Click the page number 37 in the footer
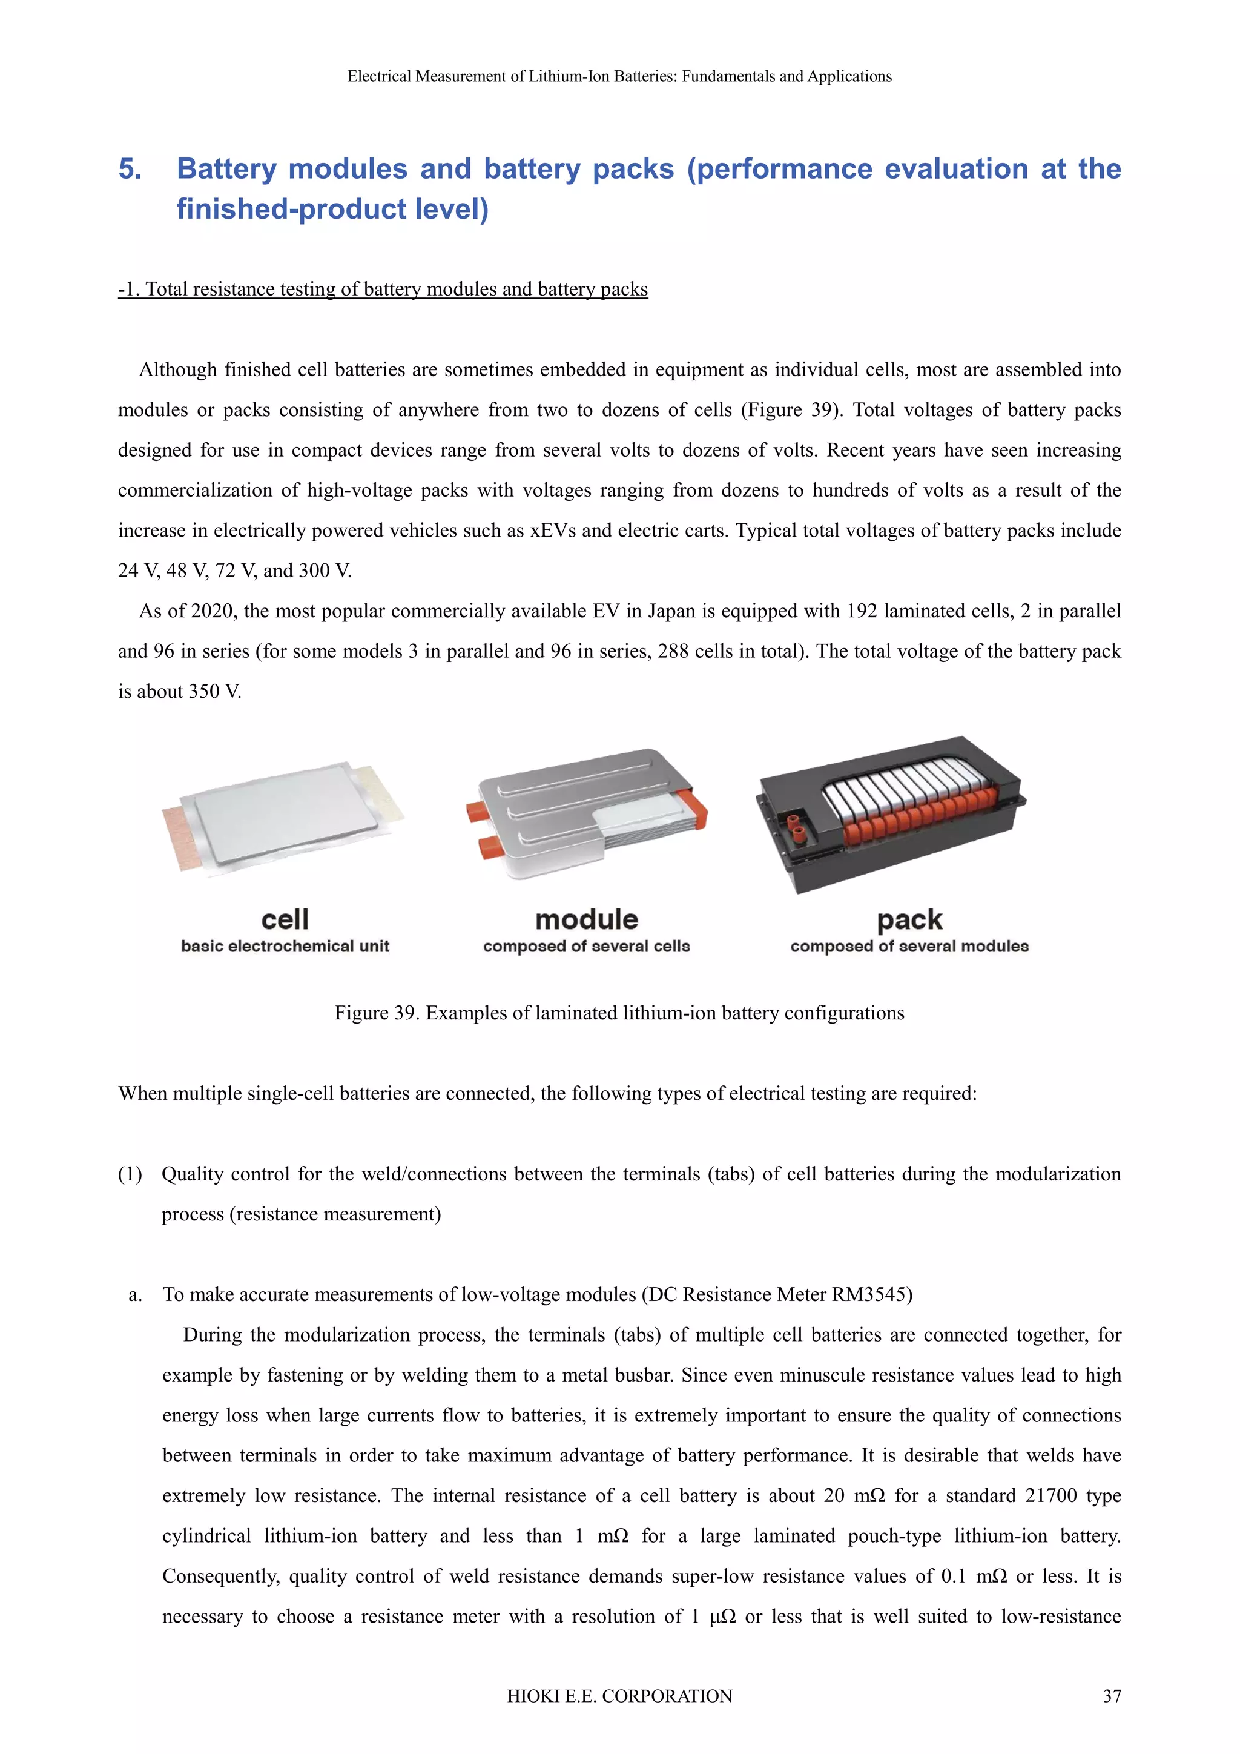1112,1696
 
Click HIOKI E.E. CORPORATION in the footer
619,1696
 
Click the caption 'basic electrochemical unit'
285,947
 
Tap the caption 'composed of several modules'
909,947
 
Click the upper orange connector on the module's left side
480,810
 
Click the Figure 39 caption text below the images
619,1013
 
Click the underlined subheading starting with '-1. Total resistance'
383,289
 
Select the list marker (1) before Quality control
130,1174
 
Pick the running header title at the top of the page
619,76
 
